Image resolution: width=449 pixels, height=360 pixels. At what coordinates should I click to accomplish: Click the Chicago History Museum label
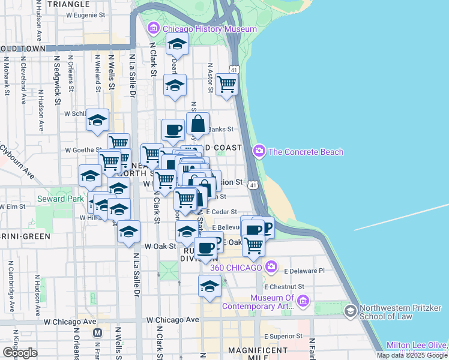pyautogui.click(x=209, y=29)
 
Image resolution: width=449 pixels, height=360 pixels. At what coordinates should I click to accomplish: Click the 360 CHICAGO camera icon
pyautogui.click(x=271, y=266)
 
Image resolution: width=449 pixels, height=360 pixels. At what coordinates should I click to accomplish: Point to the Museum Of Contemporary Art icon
pyautogui.click(x=303, y=300)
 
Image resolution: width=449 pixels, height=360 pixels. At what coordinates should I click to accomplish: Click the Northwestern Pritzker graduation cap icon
pyautogui.click(x=351, y=311)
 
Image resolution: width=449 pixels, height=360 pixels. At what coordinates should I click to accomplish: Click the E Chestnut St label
pyautogui.click(x=303, y=287)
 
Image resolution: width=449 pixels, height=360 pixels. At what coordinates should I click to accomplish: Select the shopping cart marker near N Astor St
pyautogui.click(x=226, y=85)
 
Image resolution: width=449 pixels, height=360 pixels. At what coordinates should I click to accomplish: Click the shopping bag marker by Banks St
pyautogui.click(x=197, y=124)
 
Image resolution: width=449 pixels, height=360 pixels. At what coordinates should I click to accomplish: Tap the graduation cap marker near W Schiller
pyautogui.click(x=97, y=121)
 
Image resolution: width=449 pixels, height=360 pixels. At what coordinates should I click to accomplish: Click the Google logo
pyautogui.click(x=20, y=353)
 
